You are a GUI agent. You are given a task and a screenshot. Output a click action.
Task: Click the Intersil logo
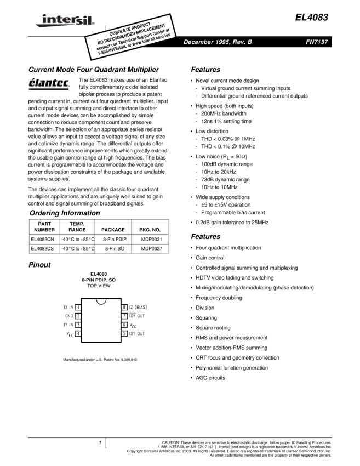point(63,21)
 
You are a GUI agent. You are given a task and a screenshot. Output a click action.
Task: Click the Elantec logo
point(50,85)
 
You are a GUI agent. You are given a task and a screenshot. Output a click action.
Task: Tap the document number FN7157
point(317,42)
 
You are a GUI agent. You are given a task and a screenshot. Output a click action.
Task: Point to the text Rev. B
point(242,42)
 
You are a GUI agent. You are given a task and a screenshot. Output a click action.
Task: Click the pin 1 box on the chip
point(78,308)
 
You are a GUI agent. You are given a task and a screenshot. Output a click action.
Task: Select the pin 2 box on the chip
point(78,316)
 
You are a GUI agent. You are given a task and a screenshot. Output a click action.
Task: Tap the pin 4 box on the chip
point(78,333)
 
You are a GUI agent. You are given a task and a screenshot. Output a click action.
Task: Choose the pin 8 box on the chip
point(124,308)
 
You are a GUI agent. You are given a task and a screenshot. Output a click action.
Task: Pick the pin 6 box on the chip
point(124,325)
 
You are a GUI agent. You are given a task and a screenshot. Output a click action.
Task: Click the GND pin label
point(69,316)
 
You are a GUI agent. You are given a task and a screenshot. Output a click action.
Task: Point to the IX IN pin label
point(68,308)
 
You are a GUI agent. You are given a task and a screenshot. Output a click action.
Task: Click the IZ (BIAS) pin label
point(138,308)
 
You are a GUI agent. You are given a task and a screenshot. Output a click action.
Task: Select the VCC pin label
point(133,326)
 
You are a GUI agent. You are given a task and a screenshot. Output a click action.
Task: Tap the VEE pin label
point(70,334)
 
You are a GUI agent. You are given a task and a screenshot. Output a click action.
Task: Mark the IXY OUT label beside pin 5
point(137,333)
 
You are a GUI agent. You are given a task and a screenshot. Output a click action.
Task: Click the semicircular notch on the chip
point(101,301)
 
